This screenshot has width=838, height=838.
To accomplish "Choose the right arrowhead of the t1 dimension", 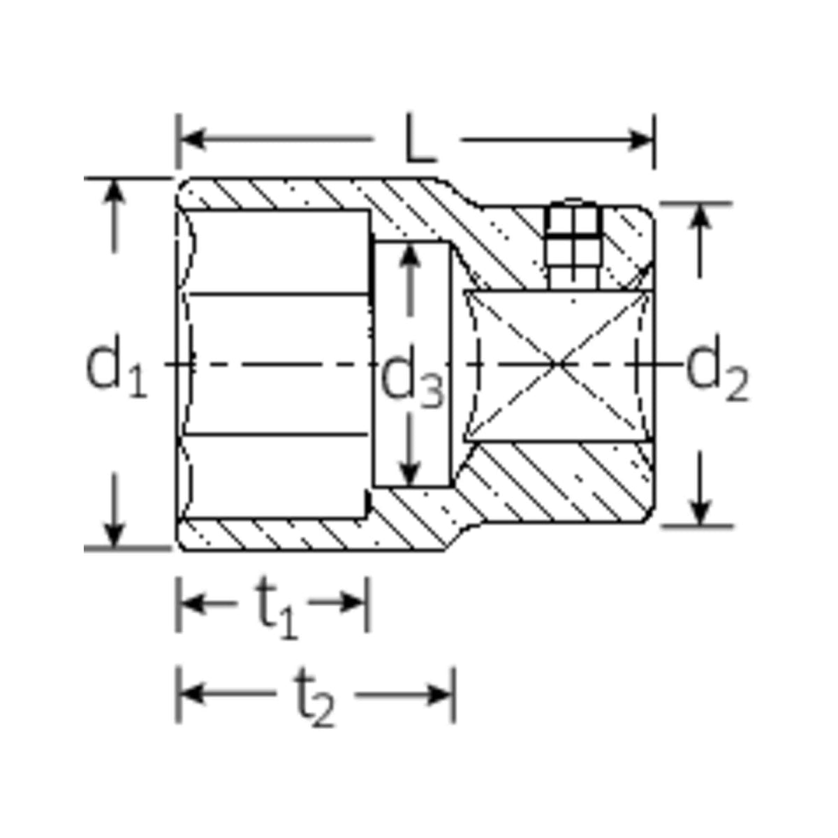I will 354,602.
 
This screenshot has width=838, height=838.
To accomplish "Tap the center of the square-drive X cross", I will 559,363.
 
